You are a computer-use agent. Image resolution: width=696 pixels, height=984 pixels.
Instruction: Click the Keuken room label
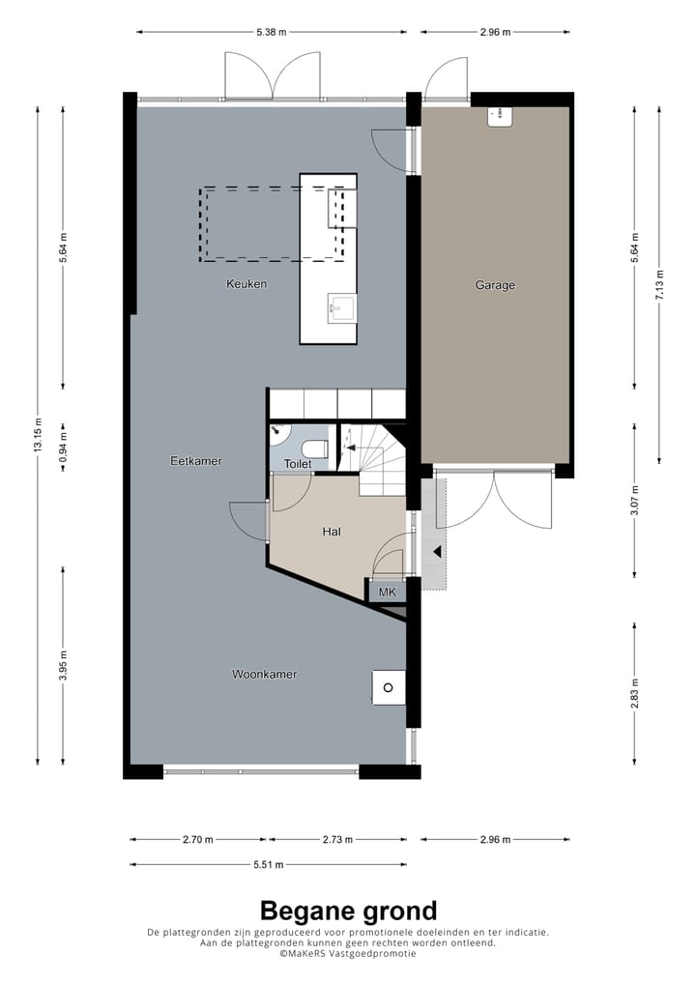pos(246,284)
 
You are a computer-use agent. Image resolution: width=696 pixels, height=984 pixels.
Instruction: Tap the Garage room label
pos(495,285)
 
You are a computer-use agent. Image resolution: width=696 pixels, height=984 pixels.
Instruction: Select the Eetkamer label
pos(196,461)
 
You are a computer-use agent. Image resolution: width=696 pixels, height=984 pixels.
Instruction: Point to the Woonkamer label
pos(264,674)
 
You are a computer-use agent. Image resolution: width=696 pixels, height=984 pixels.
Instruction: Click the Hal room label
pos(332,532)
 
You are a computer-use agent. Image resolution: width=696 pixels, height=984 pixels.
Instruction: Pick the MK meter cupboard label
pos(387,592)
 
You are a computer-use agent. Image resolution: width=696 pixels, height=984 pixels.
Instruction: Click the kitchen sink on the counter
pos(341,308)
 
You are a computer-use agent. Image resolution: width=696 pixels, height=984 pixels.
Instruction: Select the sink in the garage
pos(500,116)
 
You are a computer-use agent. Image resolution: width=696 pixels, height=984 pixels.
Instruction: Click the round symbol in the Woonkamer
pos(388,687)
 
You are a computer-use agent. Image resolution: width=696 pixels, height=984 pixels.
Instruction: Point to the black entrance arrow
pos(437,553)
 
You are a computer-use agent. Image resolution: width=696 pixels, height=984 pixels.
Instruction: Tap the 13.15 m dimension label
pos(38,436)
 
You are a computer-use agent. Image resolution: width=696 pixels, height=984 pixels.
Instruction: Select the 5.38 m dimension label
pos(272,33)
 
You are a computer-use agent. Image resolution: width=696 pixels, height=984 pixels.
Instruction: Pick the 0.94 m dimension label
pos(63,449)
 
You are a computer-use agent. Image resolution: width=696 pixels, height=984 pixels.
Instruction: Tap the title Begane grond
pos(348,911)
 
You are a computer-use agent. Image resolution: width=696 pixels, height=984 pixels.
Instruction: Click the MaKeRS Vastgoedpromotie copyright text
pos(348,953)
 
